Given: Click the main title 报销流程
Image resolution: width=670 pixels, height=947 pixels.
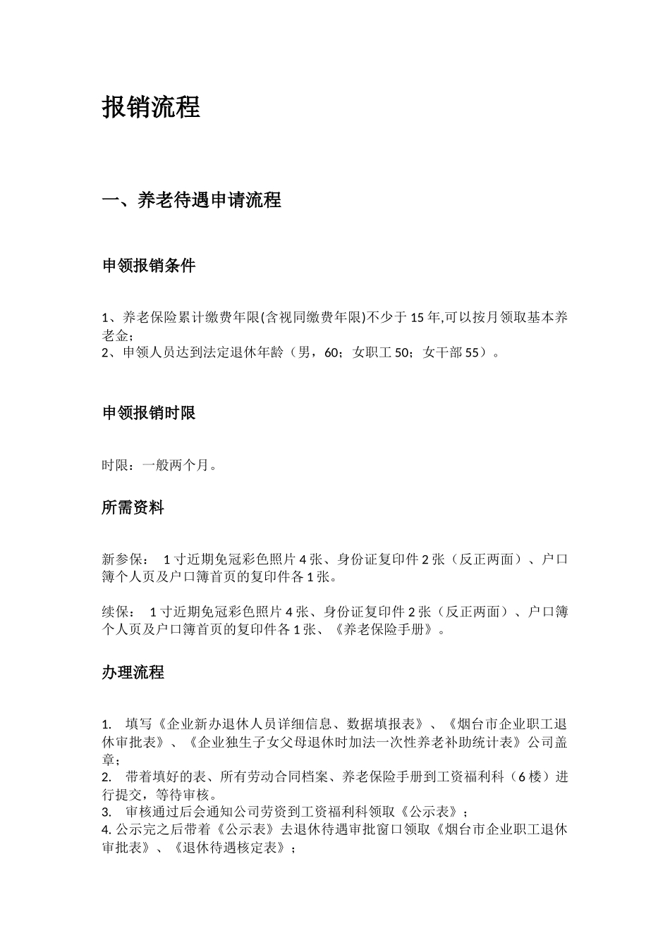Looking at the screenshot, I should pyautogui.click(x=152, y=107).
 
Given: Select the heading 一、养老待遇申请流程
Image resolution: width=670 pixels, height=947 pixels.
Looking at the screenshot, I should pyautogui.click(x=192, y=201).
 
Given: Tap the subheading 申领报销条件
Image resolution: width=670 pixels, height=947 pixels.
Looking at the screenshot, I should pyautogui.click(x=149, y=266).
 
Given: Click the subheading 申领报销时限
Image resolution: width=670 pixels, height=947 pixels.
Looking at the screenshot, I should pyautogui.click(x=149, y=414).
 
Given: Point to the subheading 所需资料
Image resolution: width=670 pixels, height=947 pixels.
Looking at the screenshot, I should pyautogui.click(x=133, y=508).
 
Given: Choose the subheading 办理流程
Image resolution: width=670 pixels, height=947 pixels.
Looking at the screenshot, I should pyautogui.click(x=133, y=673).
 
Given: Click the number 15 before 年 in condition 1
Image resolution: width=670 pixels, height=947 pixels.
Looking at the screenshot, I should pyautogui.click(x=417, y=318).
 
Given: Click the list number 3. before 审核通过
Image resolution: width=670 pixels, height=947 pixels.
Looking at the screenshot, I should pyautogui.click(x=106, y=812).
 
